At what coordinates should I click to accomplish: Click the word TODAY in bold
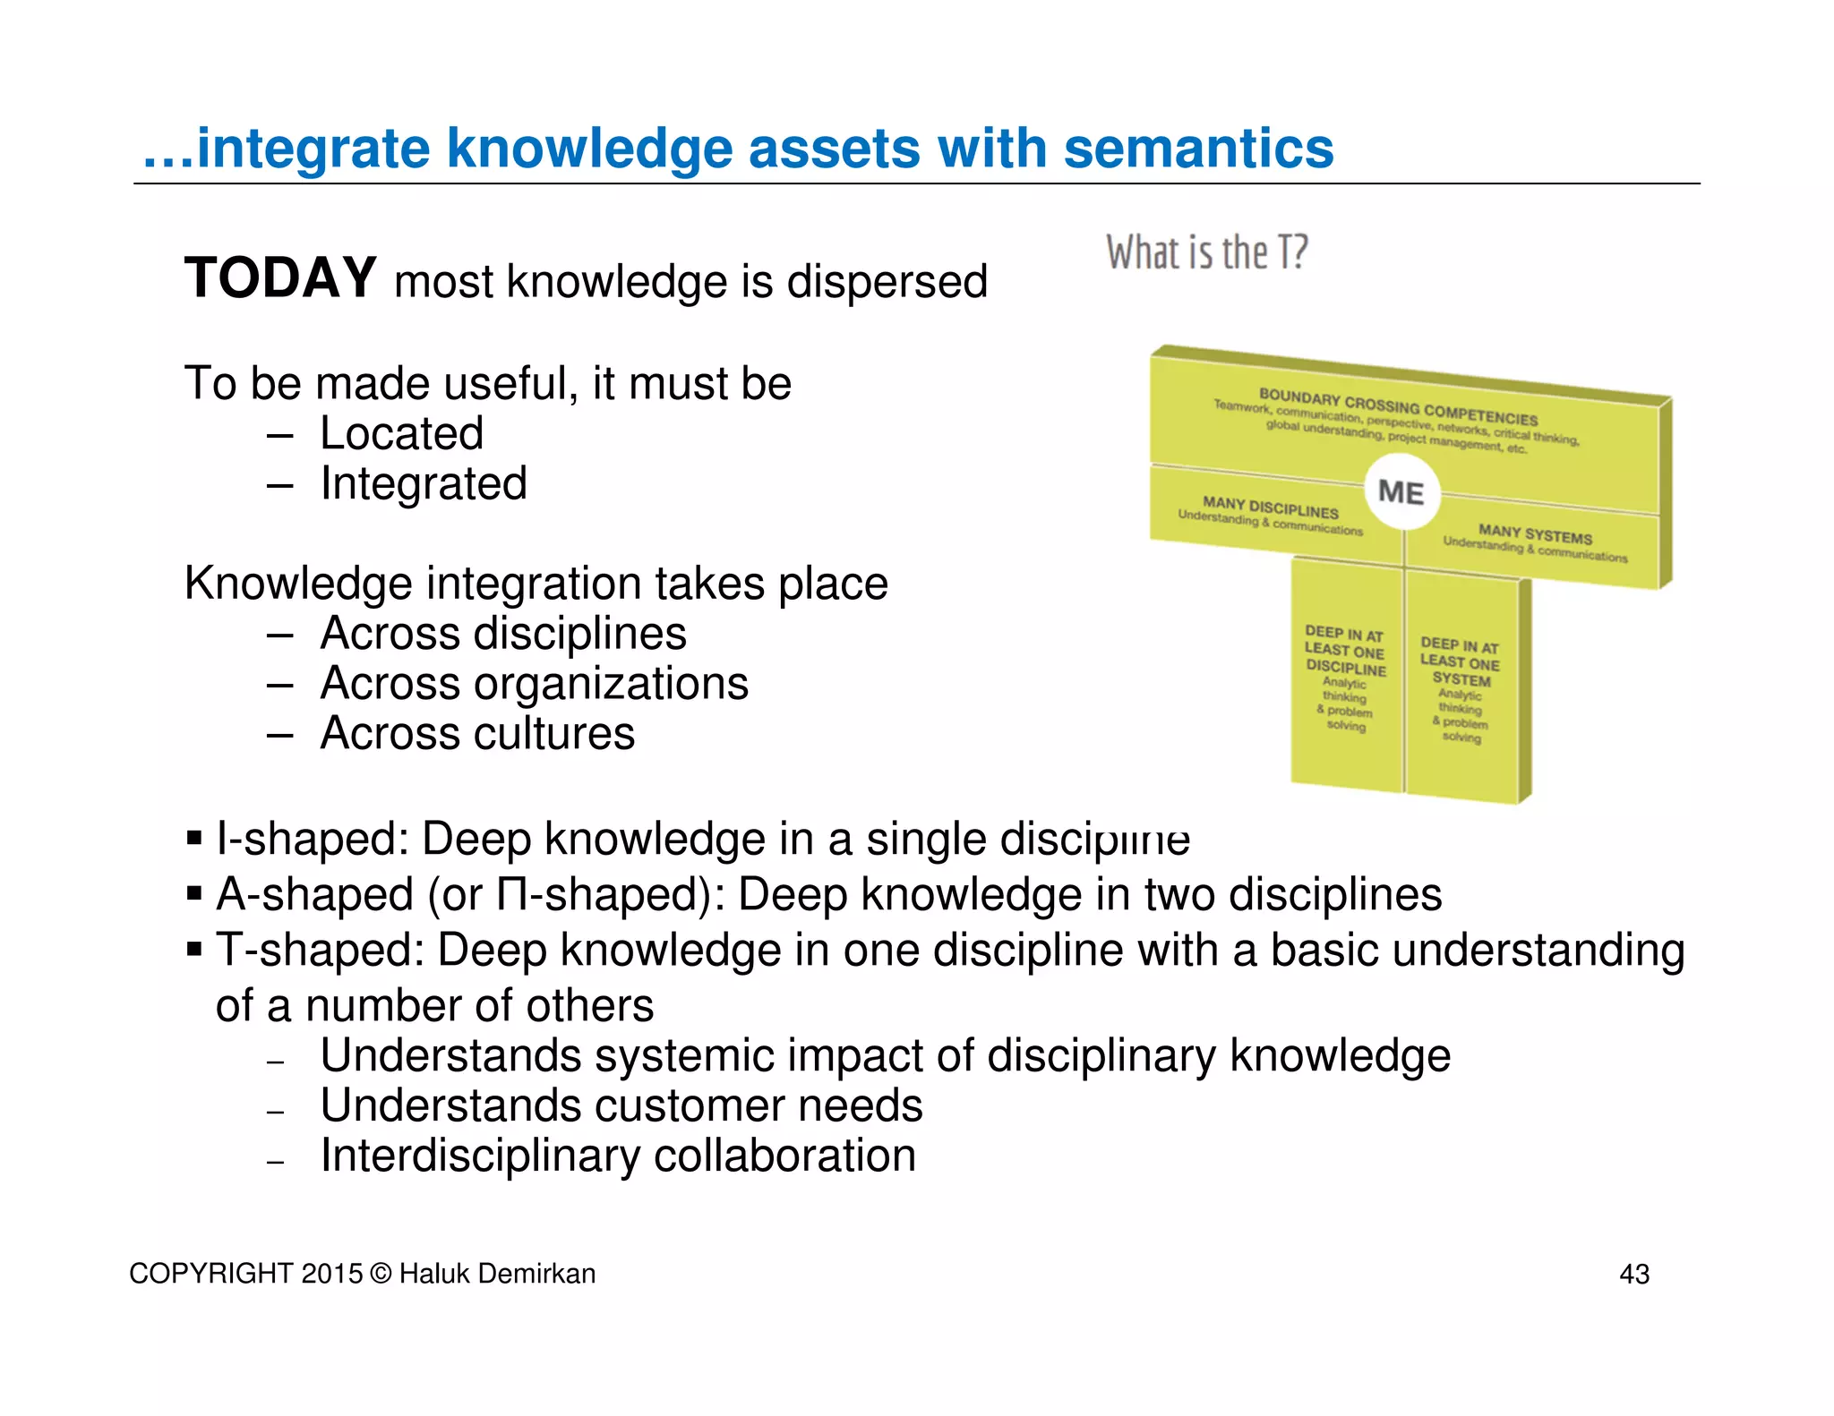point(280,277)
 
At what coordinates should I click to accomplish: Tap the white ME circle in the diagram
point(1401,492)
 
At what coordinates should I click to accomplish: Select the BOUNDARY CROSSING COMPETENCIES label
point(1398,407)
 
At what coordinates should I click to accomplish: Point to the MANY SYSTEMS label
point(1535,535)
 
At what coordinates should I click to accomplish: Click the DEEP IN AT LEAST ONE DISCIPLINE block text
point(1345,652)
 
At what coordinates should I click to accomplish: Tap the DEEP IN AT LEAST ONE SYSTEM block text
point(1460,662)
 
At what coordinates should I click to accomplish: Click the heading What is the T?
point(1206,252)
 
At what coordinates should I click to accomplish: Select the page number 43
point(1634,1274)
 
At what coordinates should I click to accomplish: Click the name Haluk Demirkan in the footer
point(497,1274)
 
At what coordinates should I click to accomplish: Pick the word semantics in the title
point(1198,148)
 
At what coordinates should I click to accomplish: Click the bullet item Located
point(401,434)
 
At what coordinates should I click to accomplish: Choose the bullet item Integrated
point(424,484)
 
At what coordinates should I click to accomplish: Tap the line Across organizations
point(534,684)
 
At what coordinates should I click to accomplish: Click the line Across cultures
point(477,734)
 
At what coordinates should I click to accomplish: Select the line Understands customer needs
point(621,1106)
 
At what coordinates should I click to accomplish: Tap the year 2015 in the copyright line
point(332,1274)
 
